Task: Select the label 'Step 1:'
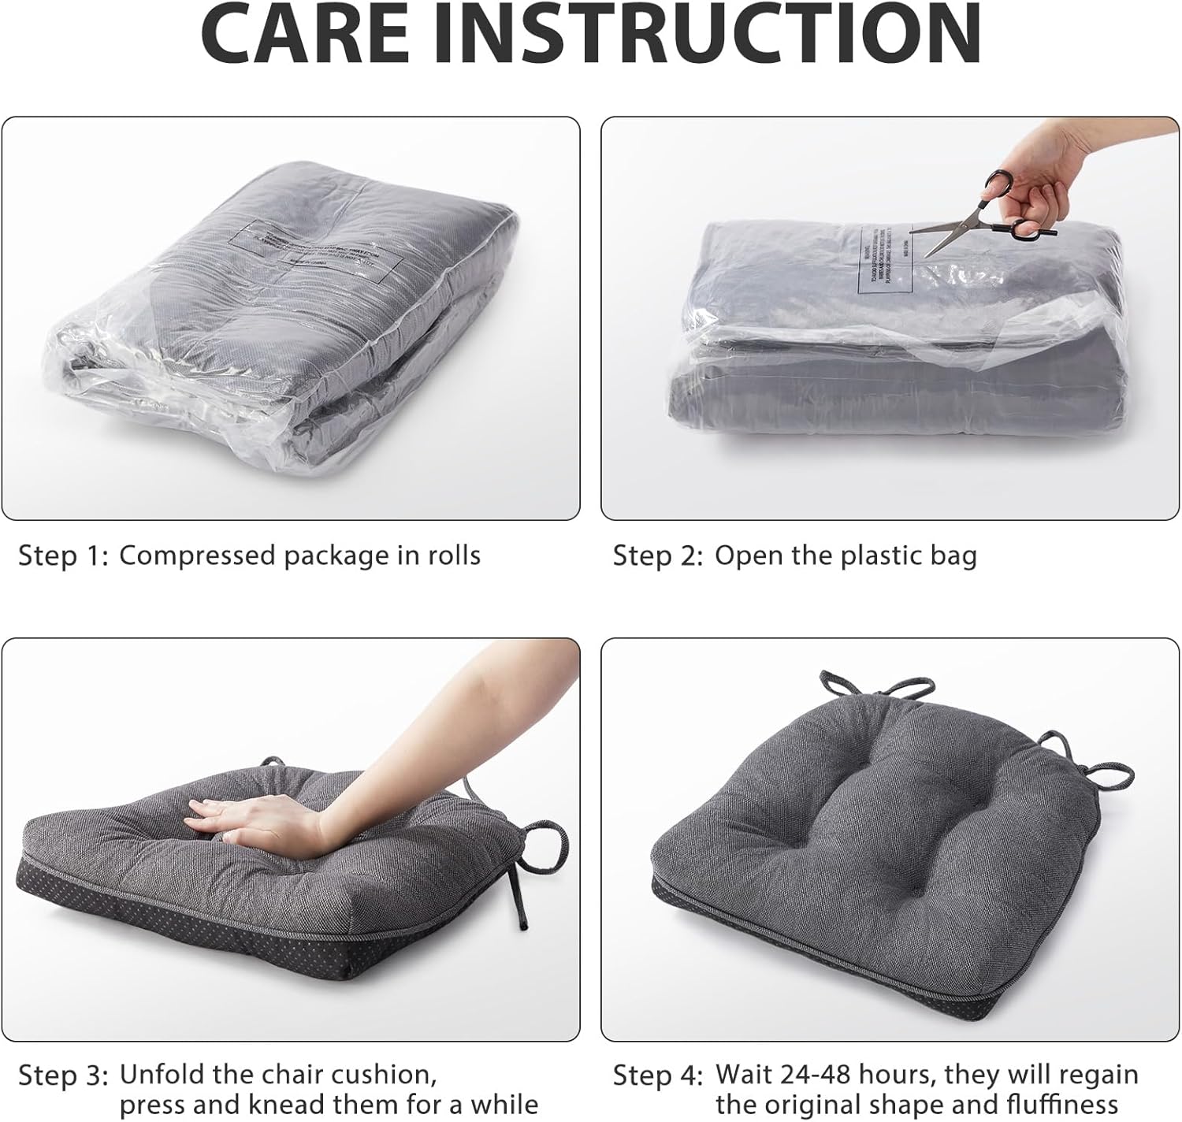[62, 556]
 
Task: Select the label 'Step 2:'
[657, 556]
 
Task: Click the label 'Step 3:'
[62, 1076]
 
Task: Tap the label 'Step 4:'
[657, 1076]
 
